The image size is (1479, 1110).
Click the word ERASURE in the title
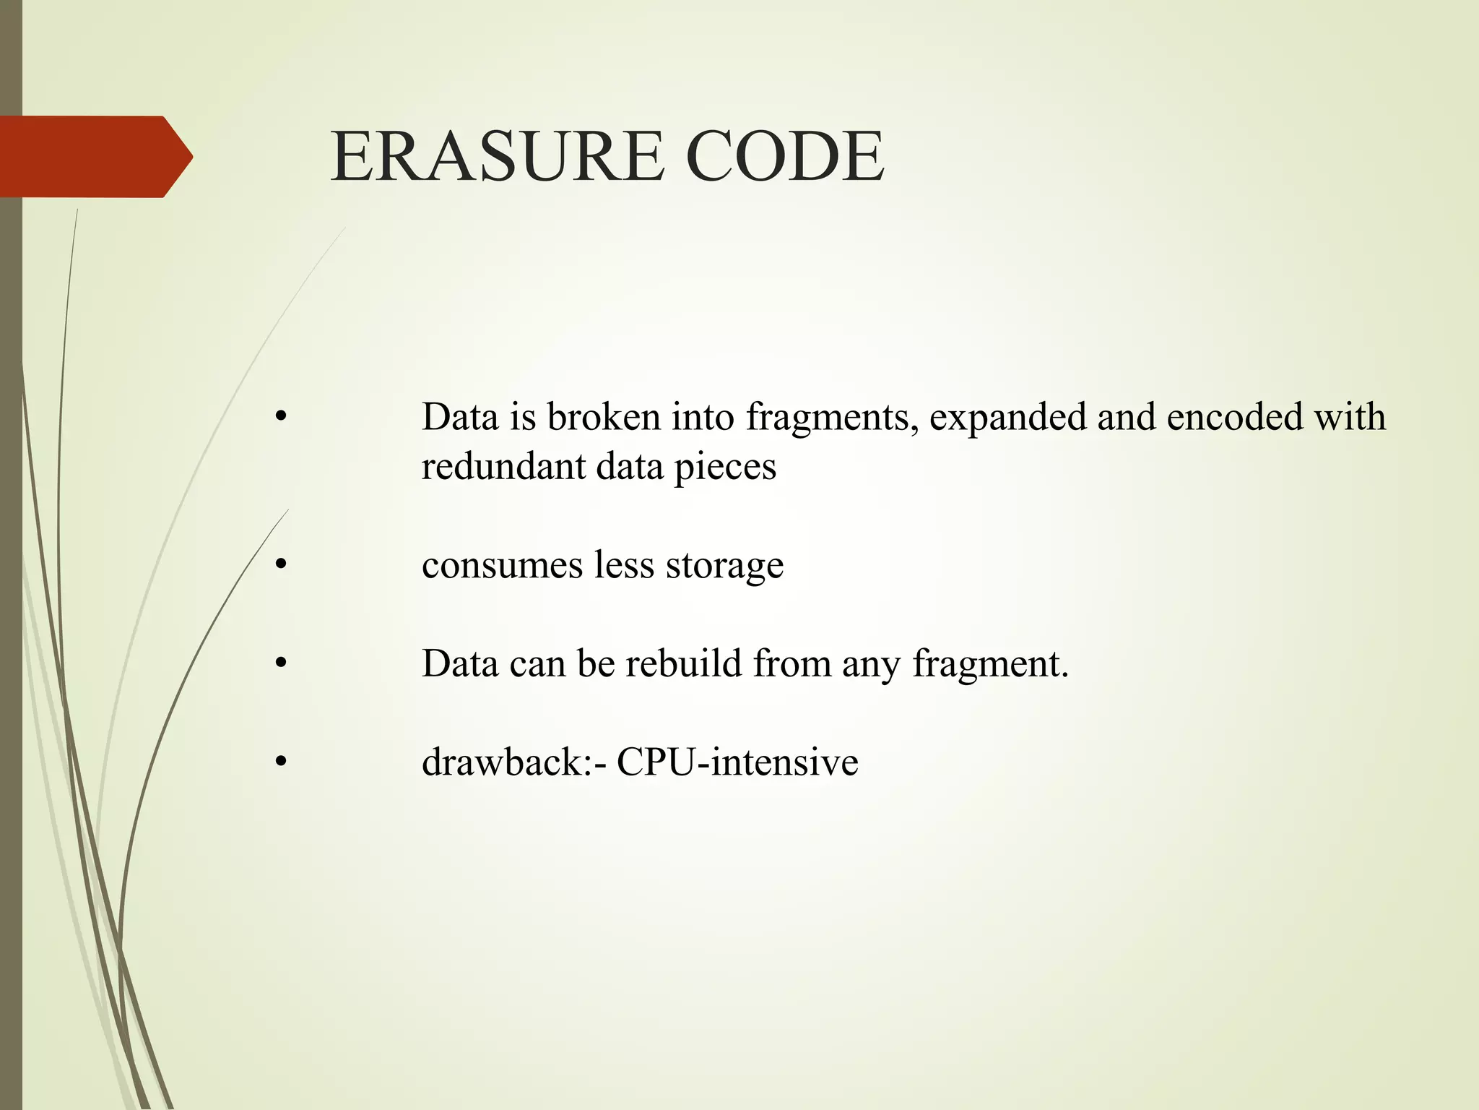(497, 156)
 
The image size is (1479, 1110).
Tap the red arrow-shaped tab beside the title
(94, 156)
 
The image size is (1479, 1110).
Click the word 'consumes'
(502, 566)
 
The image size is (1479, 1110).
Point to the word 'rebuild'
(683, 663)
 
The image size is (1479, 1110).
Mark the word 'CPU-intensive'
(737, 762)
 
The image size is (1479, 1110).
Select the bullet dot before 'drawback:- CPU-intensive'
(282, 762)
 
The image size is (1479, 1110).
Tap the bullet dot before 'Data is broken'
(282, 418)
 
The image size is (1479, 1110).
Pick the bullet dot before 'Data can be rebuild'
(282, 663)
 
